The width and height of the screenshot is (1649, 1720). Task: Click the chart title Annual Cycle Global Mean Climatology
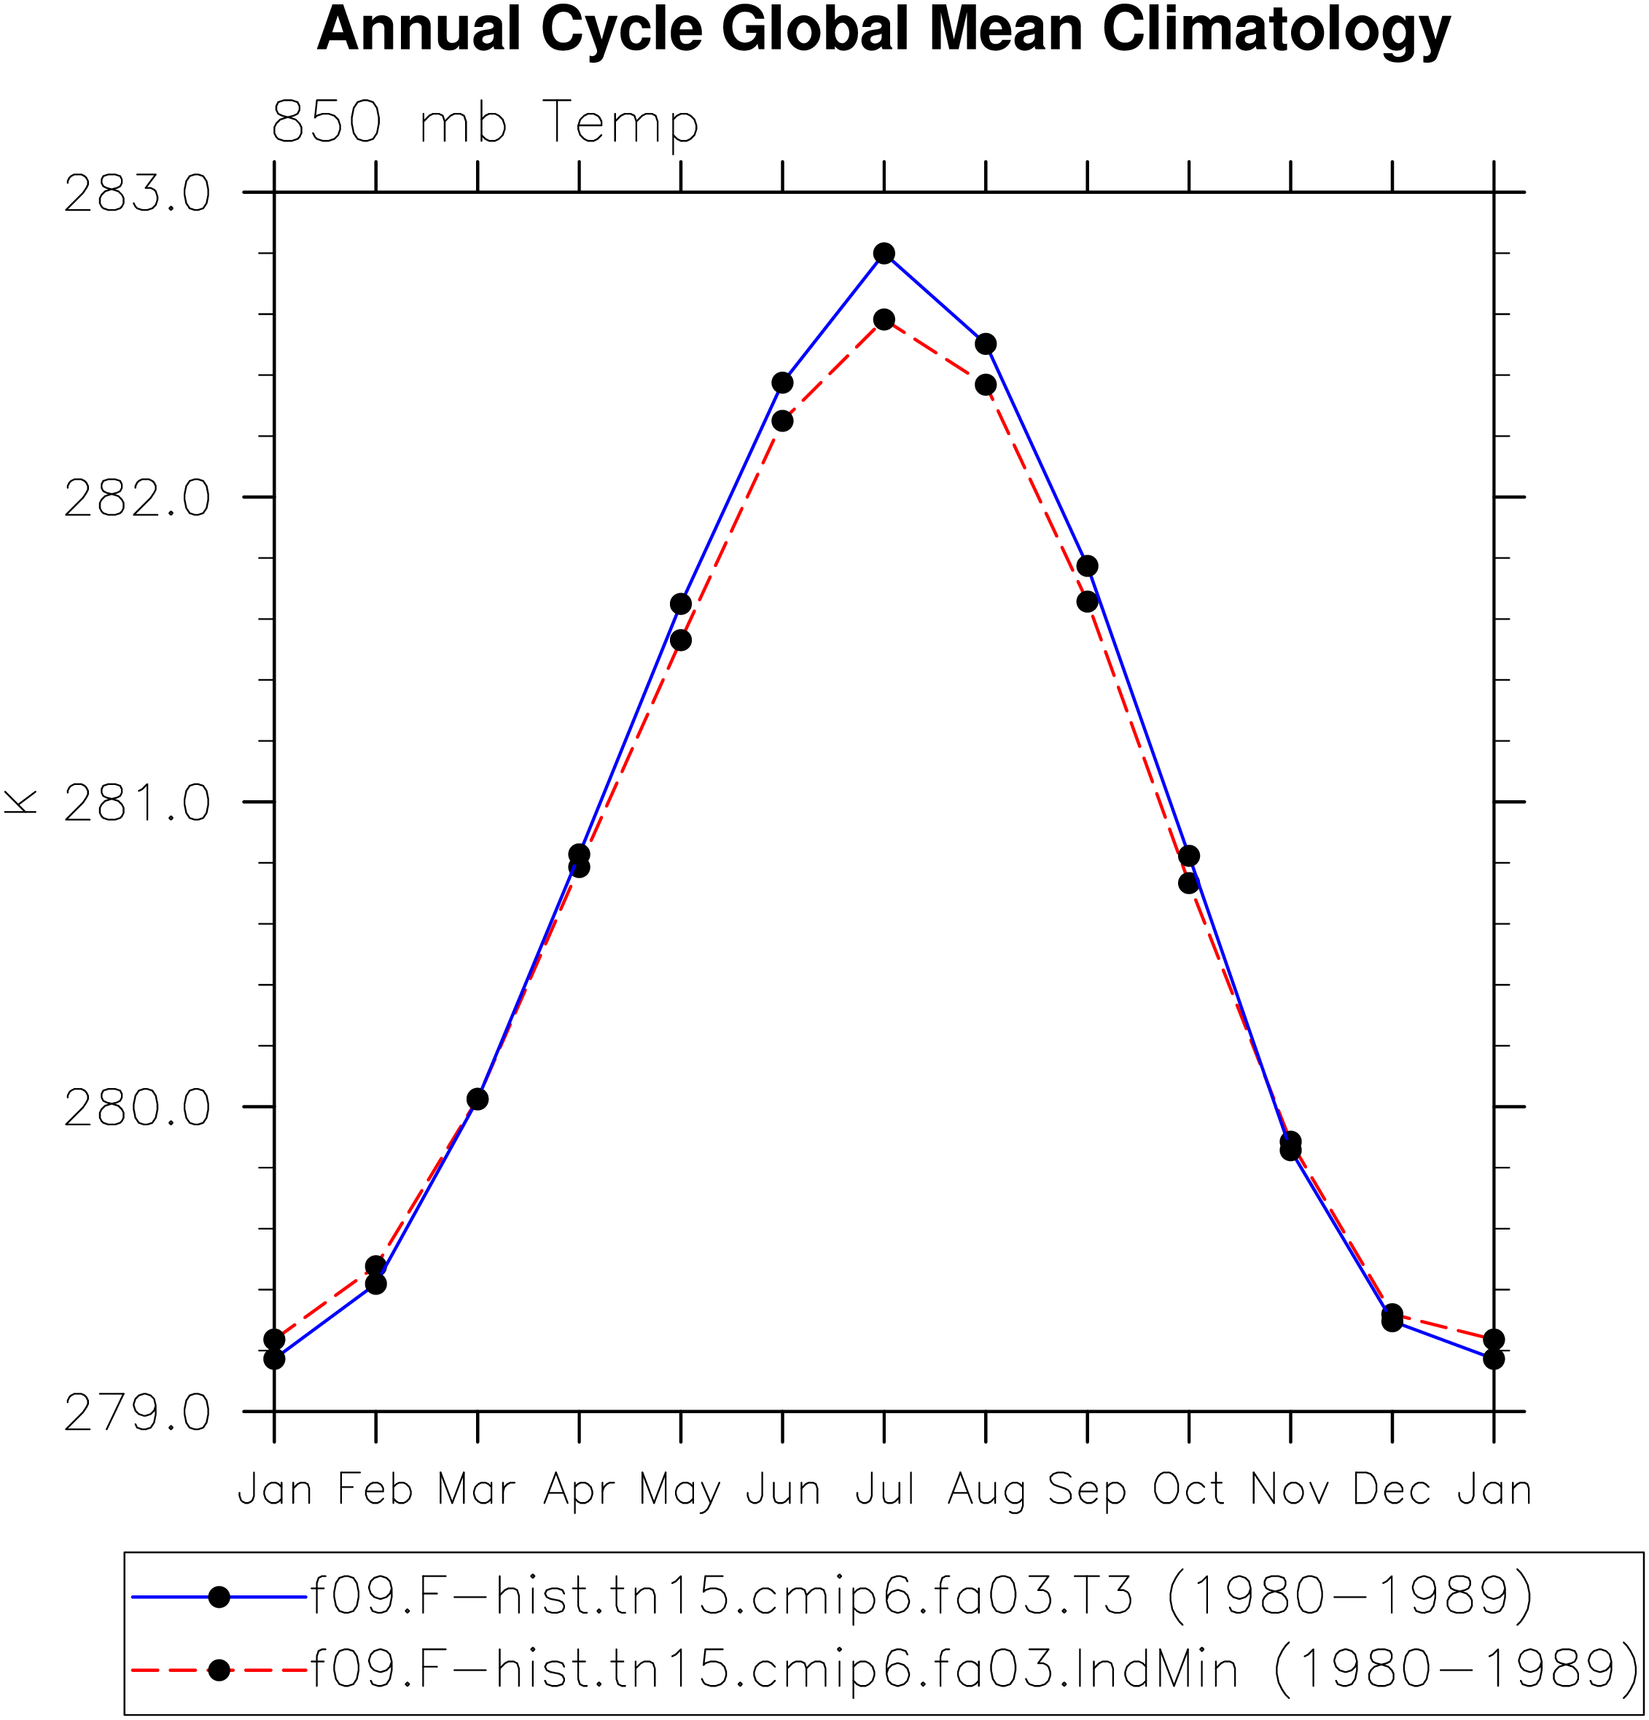[x=883, y=31]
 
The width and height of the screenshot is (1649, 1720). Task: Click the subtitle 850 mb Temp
[x=486, y=124]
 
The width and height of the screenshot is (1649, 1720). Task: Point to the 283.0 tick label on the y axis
[x=137, y=193]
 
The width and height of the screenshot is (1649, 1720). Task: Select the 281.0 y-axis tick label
[x=137, y=802]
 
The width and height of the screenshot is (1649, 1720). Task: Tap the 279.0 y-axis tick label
[x=137, y=1412]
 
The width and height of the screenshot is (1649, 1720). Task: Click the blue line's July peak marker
[x=884, y=254]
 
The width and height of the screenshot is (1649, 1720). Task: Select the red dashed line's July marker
[x=884, y=319]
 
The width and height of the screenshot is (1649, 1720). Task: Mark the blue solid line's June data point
[x=782, y=383]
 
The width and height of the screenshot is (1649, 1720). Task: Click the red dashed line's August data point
[x=986, y=384]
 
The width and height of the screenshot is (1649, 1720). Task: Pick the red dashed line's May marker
[x=680, y=641]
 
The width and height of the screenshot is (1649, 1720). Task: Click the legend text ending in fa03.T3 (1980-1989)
[x=921, y=1596]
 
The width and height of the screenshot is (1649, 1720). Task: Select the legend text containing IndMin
[x=974, y=1668]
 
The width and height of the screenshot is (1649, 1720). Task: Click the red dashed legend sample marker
[x=219, y=1670]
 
